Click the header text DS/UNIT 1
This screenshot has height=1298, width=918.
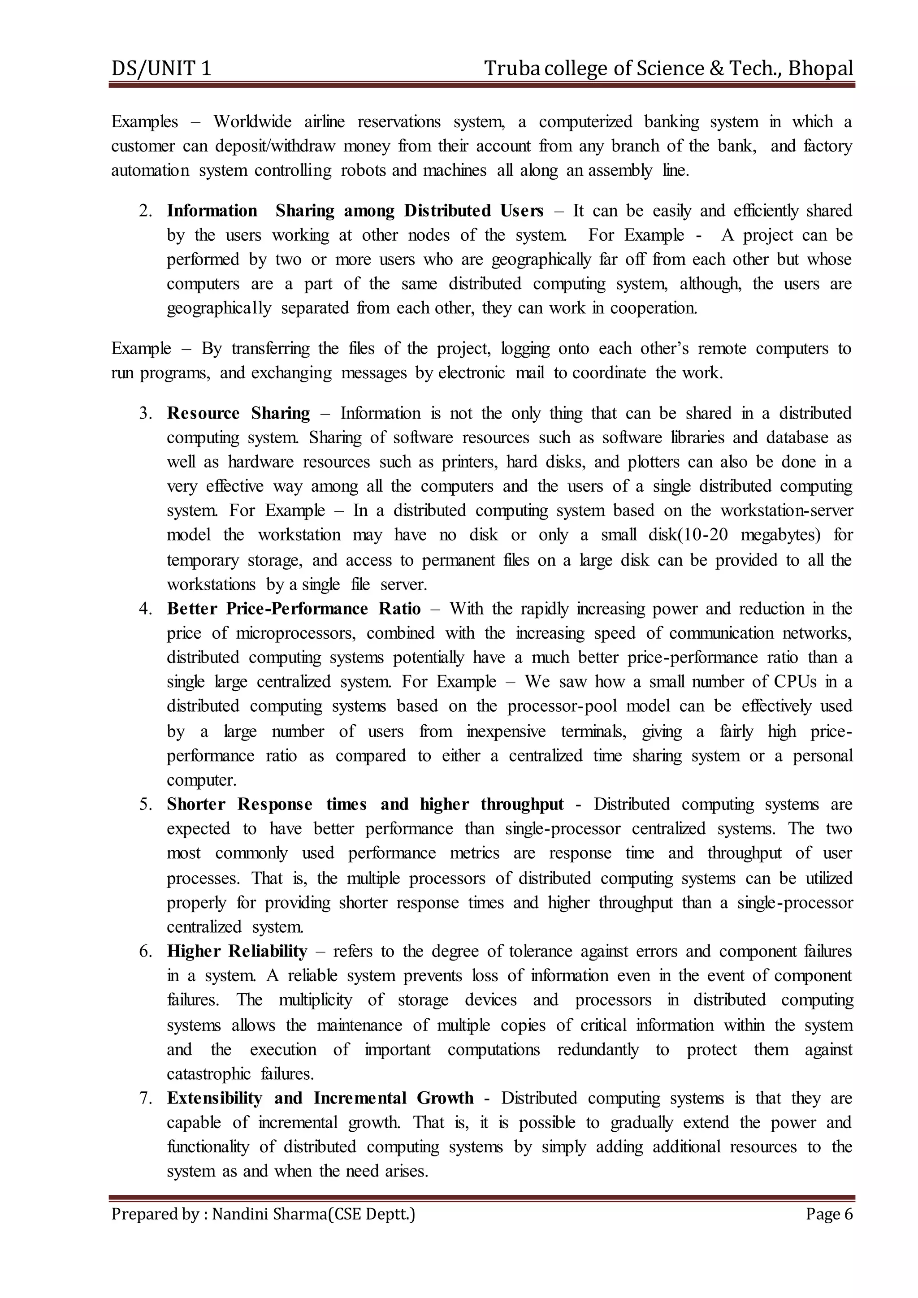[161, 69]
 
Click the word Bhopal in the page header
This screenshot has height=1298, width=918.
[820, 69]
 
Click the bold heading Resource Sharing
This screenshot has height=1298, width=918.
[238, 413]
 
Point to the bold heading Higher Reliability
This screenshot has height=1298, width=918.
[236, 951]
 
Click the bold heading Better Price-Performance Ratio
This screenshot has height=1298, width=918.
[294, 608]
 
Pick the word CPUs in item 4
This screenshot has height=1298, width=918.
[795, 682]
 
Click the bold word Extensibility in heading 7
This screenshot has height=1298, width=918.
[214, 1098]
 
